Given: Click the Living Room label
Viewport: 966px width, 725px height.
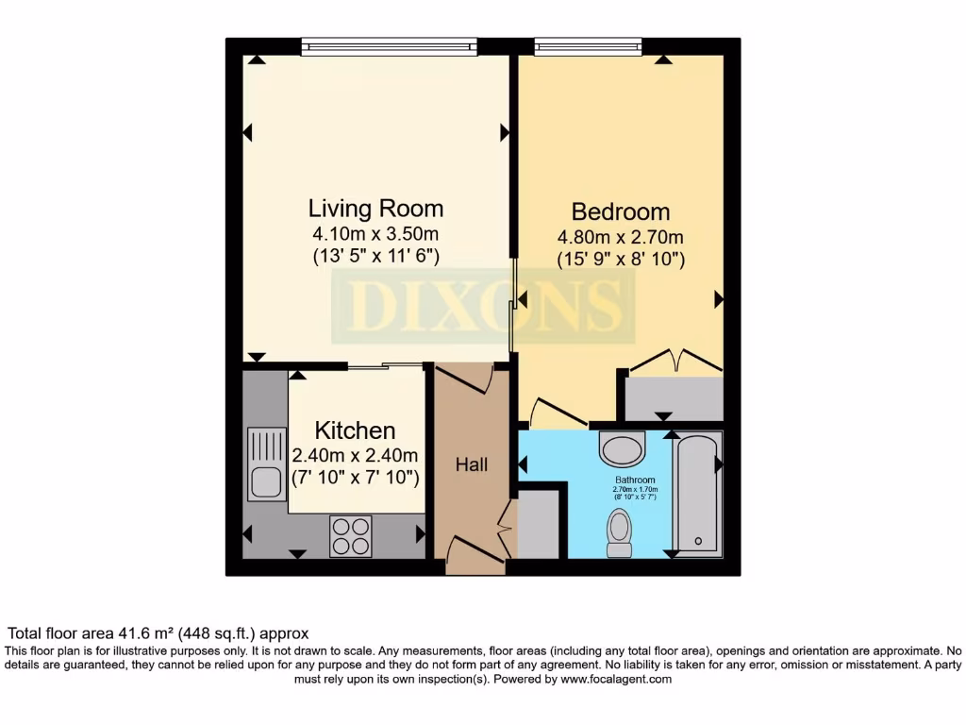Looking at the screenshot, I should click(x=375, y=208).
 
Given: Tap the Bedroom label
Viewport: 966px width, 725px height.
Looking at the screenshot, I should click(x=621, y=211).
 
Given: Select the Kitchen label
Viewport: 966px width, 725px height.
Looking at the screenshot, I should click(x=355, y=430).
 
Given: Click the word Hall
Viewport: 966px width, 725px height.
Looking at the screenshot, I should click(x=472, y=464).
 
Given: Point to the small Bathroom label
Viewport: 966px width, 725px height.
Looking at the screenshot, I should click(x=635, y=480).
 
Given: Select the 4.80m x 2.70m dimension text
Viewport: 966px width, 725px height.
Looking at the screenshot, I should click(x=621, y=237).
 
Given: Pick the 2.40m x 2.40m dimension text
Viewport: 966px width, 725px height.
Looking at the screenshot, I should click(x=355, y=455).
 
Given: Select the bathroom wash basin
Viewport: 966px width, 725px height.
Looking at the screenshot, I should click(x=622, y=447).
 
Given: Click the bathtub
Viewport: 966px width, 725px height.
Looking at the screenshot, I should click(x=697, y=492).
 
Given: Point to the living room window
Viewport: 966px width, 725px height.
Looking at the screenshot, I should click(x=390, y=46).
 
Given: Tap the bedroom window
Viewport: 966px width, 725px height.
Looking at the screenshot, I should click(x=587, y=46).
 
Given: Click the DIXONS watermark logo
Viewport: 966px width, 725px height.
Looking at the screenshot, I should click(x=481, y=306).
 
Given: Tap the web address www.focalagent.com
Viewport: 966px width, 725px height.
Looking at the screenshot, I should click(x=616, y=679).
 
